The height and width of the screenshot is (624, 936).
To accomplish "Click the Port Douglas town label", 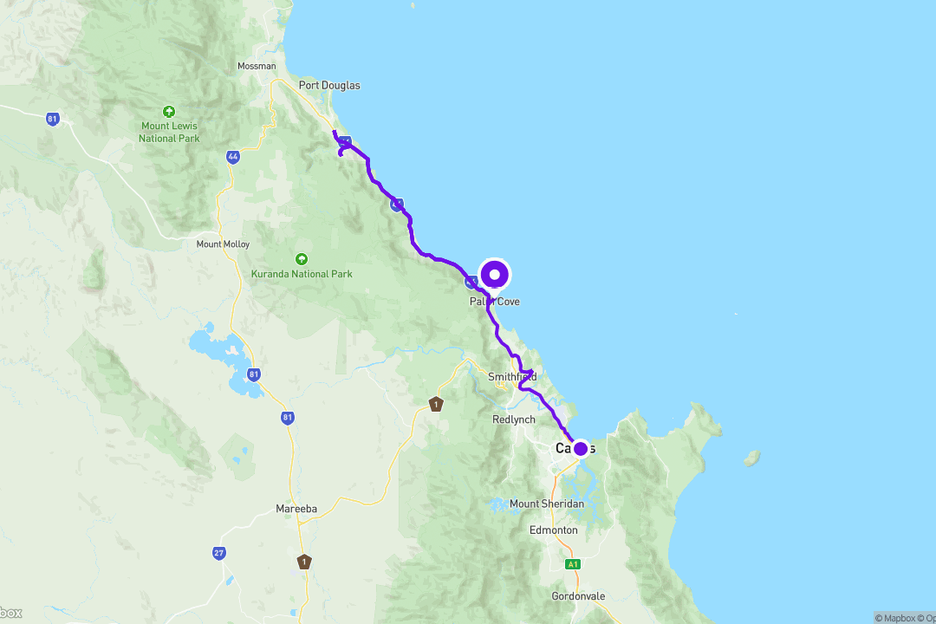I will tap(328, 86).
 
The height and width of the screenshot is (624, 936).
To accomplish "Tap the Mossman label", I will tap(257, 66).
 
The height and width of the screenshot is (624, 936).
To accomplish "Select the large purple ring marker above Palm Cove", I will tap(495, 275).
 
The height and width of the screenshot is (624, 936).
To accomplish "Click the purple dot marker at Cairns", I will tap(581, 448).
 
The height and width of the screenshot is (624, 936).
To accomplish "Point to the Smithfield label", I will tap(512, 377).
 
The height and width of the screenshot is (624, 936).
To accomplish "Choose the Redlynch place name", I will tap(514, 419).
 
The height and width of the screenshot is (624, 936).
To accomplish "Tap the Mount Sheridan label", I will tap(547, 504).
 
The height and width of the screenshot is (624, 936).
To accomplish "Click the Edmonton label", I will tap(554, 530).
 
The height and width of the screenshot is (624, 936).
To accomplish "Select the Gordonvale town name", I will tap(579, 596).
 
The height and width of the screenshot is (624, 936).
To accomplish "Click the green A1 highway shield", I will tap(572, 564).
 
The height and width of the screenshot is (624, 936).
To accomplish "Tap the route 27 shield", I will tap(220, 552).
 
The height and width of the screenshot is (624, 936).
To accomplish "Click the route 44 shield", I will tap(232, 157).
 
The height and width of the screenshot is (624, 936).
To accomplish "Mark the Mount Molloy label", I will tap(223, 244).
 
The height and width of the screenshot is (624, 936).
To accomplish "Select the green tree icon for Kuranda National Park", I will tap(301, 259).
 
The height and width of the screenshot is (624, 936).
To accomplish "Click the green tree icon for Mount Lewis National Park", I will tap(169, 111).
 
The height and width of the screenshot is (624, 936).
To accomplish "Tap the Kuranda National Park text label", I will tap(301, 274).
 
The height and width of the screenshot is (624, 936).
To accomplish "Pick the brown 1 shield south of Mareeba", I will tap(304, 561).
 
